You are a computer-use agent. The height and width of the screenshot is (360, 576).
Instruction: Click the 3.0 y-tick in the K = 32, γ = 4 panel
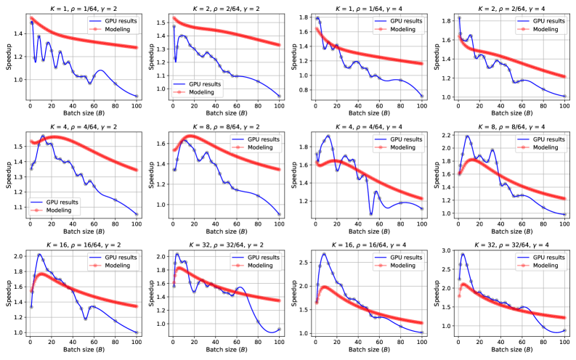coord(445,250)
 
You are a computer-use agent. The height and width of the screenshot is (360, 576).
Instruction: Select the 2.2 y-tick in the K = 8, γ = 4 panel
coord(445,136)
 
